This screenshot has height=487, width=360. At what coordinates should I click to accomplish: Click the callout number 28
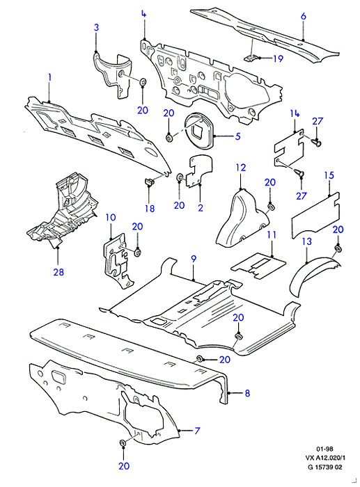click(58, 272)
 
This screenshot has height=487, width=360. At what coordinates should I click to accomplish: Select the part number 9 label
click(194, 259)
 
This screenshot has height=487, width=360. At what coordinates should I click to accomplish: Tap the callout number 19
click(279, 58)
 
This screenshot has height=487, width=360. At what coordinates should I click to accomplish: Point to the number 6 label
click(304, 16)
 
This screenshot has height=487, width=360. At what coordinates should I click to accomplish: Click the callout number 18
click(150, 209)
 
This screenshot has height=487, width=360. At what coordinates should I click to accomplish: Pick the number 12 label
click(241, 168)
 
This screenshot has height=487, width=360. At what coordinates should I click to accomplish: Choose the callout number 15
click(329, 175)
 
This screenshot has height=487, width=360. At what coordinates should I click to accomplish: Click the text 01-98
click(324, 449)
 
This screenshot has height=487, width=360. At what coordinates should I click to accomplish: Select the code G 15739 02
click(325, 467)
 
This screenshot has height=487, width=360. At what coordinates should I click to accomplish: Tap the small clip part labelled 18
click(150, 181)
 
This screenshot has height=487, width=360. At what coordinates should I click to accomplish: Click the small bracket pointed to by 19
click(251, 58)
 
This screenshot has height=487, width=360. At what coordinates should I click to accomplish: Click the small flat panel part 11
click(258, 266)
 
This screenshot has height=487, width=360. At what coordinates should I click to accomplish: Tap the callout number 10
click(111, 217)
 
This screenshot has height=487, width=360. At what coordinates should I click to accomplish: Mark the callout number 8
click(247, 393)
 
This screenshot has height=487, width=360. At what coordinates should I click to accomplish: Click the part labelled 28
click(62, 211)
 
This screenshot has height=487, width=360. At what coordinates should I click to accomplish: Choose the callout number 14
click(295, 113)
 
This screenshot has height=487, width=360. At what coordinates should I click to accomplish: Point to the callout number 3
click(96, 27)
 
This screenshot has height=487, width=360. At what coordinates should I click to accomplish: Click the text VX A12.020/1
click(325, 458)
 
